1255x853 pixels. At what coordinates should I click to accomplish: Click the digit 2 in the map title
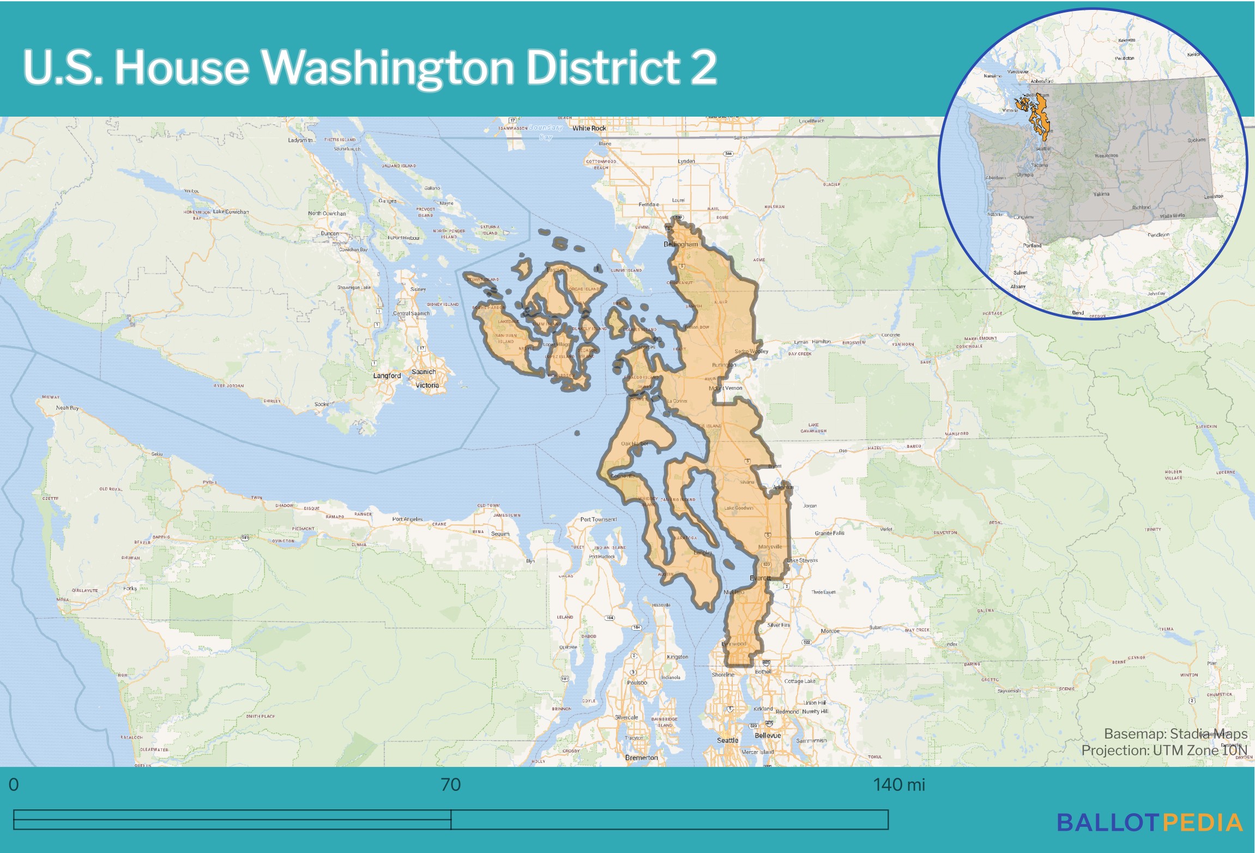click(x=703, y=67)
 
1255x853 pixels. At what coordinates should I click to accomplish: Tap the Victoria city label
click(x=427, y=385)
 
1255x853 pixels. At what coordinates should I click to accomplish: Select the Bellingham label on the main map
click(x=680, y=244)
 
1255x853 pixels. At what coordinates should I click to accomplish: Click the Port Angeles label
click(x=407, y=519)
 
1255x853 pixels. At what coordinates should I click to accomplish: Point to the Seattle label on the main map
click(x=727, y=740)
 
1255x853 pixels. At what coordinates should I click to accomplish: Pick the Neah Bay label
click(x=67, y=408)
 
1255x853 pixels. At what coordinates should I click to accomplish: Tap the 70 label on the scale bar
click(x=450, y=785)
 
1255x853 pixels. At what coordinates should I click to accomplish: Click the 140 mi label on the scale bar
click(x=898, y=785)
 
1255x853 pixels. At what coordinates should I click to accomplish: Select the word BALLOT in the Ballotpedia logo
click(x=1107, y=823)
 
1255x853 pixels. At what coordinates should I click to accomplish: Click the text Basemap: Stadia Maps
click(x=1175, y=734)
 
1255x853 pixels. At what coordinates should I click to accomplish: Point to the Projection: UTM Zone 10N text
click(x=1164, y=751)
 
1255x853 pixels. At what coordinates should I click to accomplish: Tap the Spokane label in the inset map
click(x=1197, y=140)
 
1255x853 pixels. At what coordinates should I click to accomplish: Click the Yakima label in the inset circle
click(x=1101, y=194)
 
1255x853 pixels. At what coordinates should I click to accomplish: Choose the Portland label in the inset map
click(x=1032, y=246)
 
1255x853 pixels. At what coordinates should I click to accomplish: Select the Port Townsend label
click(x=598, y=519)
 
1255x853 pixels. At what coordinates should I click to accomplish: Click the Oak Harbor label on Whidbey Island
click(x=634, y=444)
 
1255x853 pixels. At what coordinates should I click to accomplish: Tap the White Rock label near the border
click(x=589, y=129)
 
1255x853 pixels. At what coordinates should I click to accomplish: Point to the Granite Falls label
click(x=829, y=533)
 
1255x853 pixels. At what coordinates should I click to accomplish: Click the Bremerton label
click(x=641, y=758)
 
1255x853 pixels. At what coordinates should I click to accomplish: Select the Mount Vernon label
click(x=726, y=388)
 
